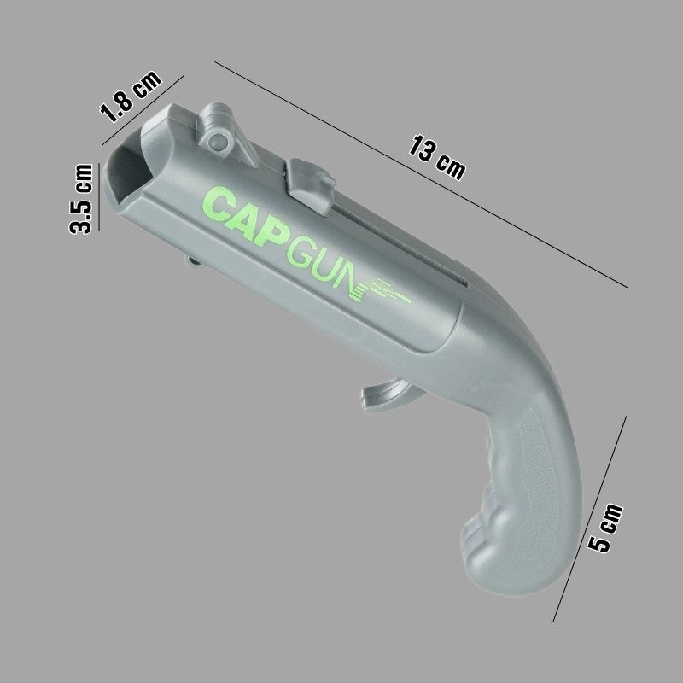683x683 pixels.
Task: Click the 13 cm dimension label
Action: tap(437, 158)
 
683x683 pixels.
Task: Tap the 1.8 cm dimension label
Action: tap(131, 96)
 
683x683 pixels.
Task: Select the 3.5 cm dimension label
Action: tap(81, 199)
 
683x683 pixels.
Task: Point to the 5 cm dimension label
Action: tap(605, 528)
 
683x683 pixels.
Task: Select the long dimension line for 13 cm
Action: tap(421, 175)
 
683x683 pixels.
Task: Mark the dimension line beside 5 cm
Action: tap(589, 519)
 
